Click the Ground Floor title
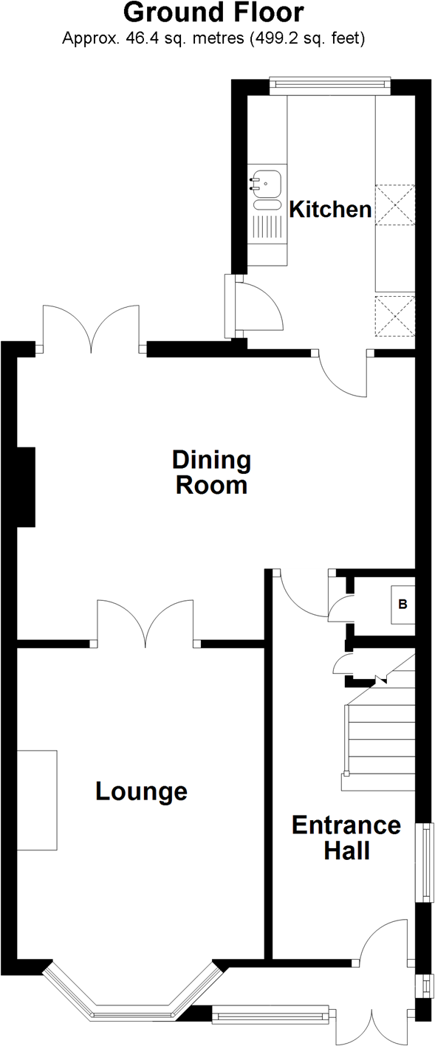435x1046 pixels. click(x=213, y=13)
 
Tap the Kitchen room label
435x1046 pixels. click(x=330, y=209)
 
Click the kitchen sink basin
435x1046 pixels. click(x=267, y=184)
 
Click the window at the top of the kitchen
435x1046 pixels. click(x=330, y=84)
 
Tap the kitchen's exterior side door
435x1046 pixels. click(x=254, y=306)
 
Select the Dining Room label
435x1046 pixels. click(x=211, y=472)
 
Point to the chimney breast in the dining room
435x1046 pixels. click(x=26, y=487)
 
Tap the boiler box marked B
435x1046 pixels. click(x=403, y=605)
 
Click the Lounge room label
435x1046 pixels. click(x=141, y=791)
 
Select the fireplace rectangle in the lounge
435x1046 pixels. click(x=37, y=800)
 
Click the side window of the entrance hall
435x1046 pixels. click(x=425, y=862)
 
